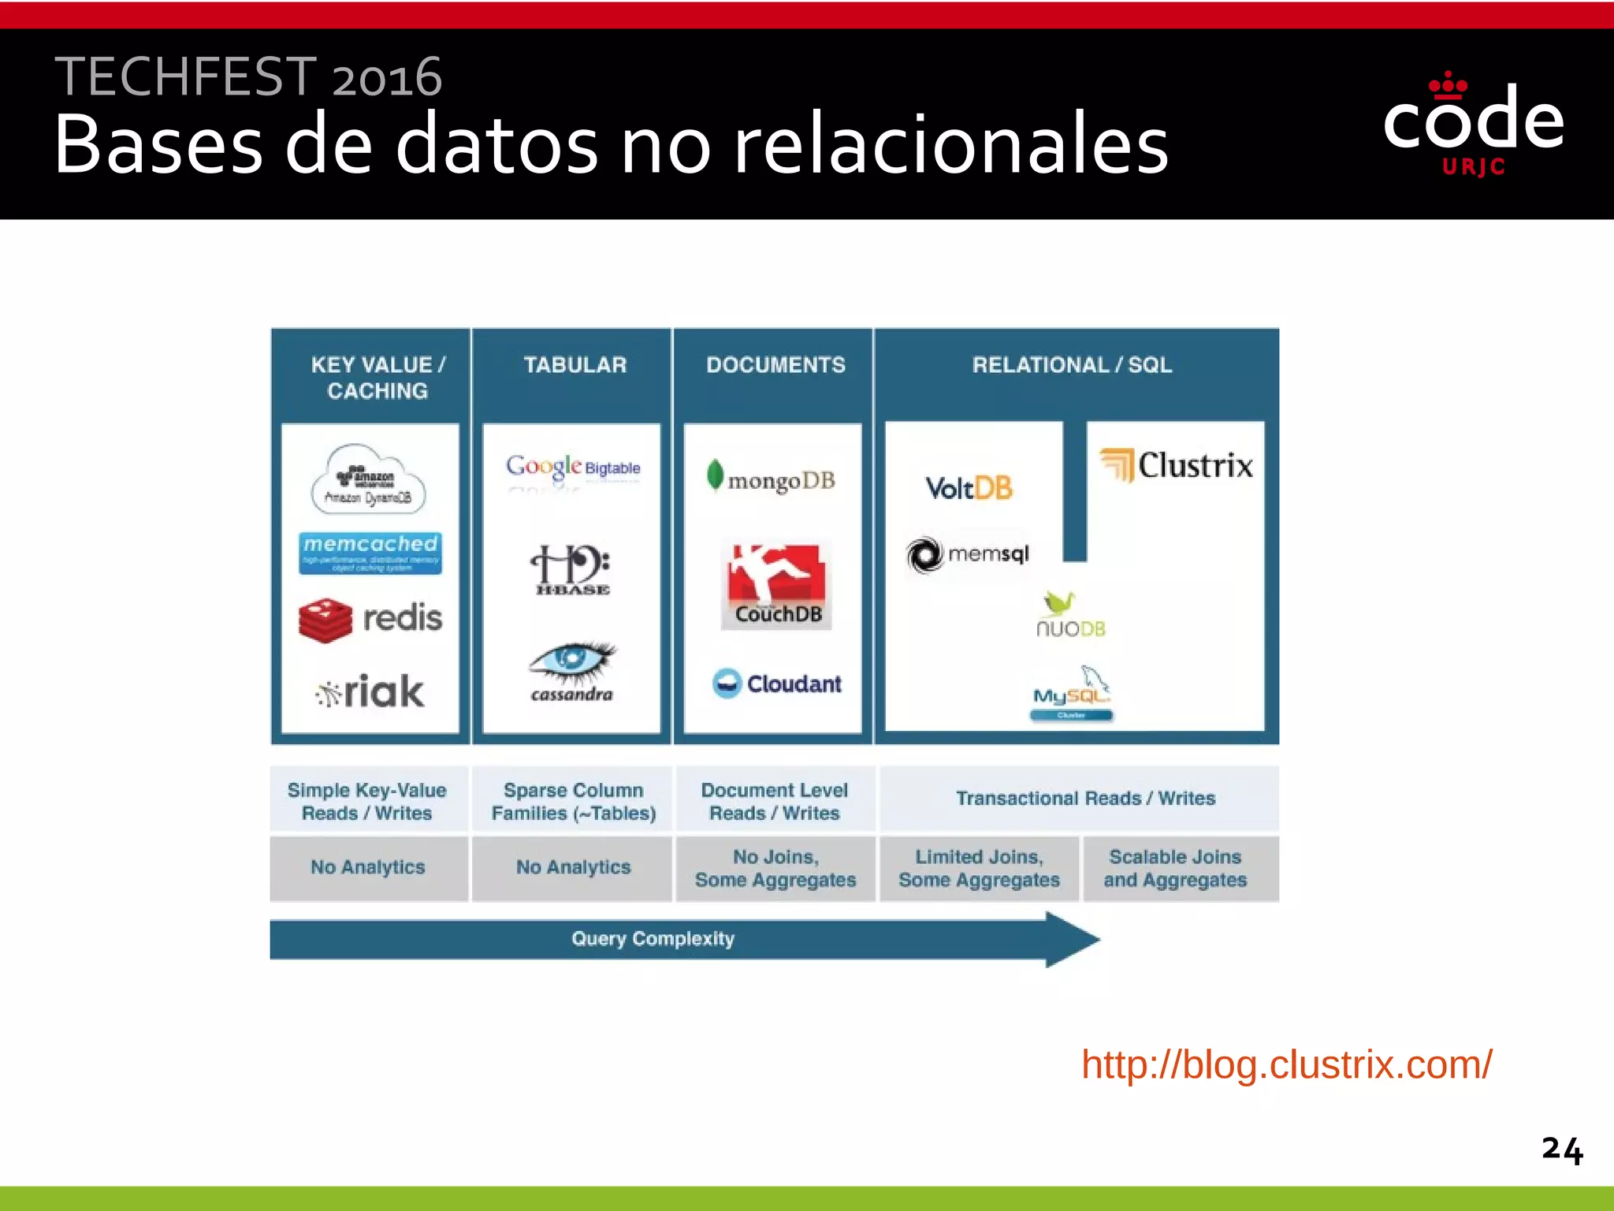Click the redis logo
point(370,619)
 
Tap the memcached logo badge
point(370,553)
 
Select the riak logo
point(370,691)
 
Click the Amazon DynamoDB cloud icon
point(368,479)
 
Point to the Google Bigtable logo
point(573,468)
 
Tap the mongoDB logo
point(772,478)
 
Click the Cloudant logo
point(777,684)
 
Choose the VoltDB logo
point(969,488)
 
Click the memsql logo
point(969,554)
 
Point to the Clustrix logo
point(1176,465)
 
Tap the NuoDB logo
point(1069,615)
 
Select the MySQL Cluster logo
point(1071,694)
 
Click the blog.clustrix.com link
point(1286,1064)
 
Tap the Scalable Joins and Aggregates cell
point(1175,868)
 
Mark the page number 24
point(1561,1150)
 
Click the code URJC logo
point(1473,126)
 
